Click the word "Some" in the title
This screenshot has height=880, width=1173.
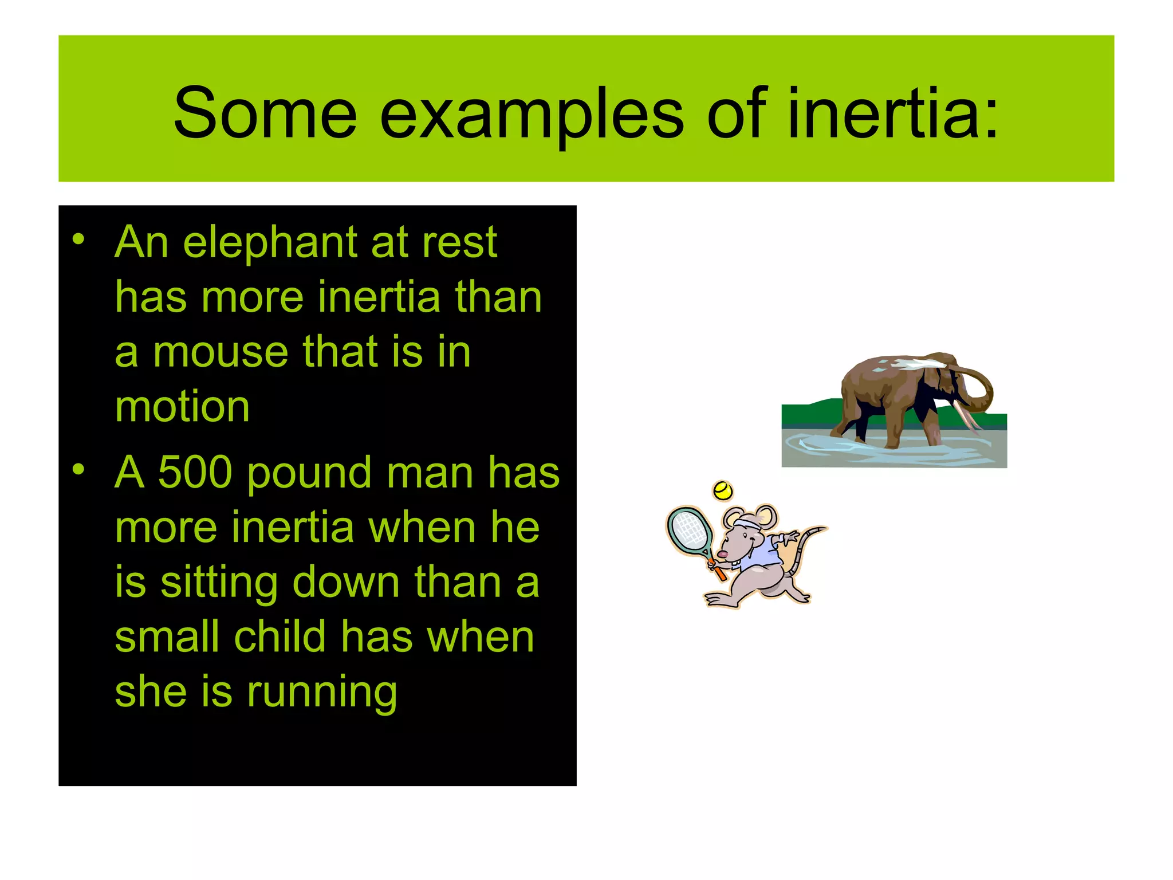pos(265,113)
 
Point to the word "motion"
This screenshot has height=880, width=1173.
pos(182,407)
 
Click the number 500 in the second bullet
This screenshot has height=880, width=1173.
pos(195,473)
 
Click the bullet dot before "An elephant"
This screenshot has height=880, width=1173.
pos(78,239)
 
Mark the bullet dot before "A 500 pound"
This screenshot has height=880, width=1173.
pos(78,470)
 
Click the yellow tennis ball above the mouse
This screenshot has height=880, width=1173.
pos(723,490)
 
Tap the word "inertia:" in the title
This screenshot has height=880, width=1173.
pos(893,113)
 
